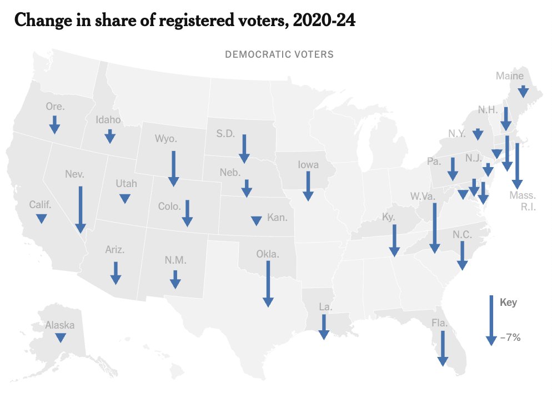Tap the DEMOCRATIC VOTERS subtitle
(279, 54)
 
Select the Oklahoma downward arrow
(268, 283)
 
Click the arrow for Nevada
(81, 209)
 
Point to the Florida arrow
(442, 348)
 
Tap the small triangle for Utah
(125, 198)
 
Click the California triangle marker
(41, 219)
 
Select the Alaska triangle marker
(60, 337)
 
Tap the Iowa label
(308, 164)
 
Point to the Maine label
(510, 76)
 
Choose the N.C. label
(462, 235)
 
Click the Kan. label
(277, 217)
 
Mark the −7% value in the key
(510, 337)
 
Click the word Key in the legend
(508, 303)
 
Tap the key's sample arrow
(491, 320)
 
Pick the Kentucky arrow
(394, 240)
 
